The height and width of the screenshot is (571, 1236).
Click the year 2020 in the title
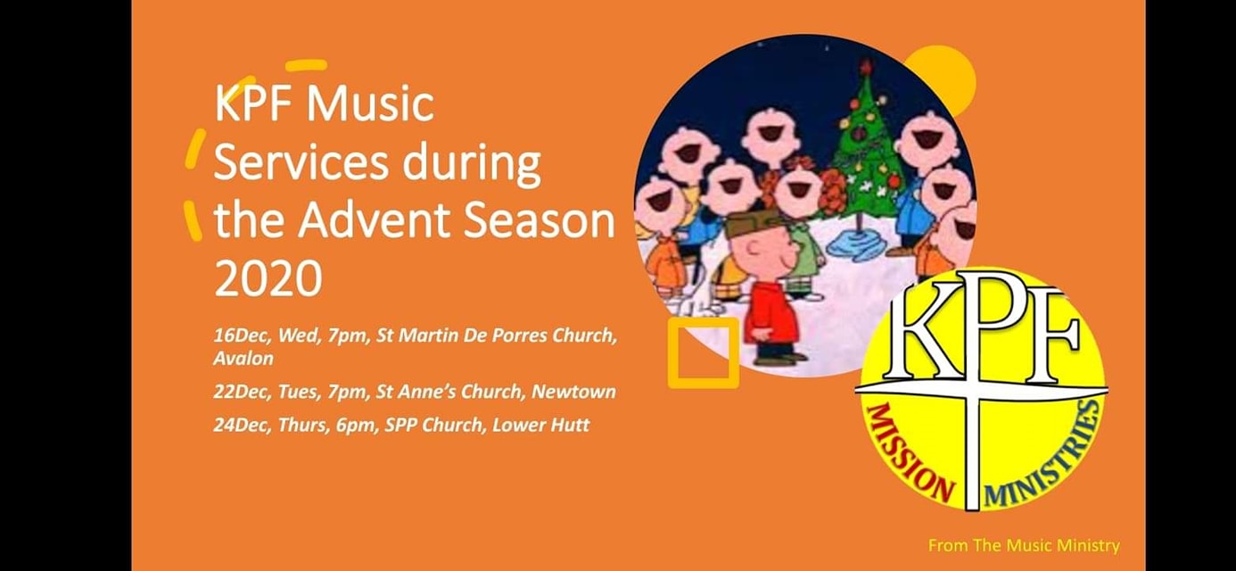point(268,277)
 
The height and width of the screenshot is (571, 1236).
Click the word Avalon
point(243,359)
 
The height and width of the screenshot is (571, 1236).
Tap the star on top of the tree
point(866,67)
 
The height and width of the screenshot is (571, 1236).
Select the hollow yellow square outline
point(672,353)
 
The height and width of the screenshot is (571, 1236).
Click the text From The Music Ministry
point(1024,546)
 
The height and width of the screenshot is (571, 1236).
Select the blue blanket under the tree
point(859,244)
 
